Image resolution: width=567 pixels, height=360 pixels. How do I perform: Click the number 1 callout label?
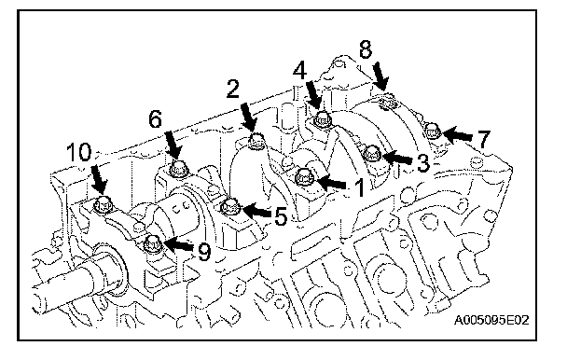[358, 188]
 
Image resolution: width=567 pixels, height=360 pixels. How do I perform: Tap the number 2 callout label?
[233, 89]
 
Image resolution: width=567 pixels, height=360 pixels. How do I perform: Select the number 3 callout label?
[422, 163]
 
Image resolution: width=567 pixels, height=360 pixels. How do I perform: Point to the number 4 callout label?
[299, 70]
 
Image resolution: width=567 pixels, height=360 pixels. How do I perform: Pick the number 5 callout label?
[281, 217]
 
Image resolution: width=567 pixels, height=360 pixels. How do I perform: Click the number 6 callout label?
[156, 119]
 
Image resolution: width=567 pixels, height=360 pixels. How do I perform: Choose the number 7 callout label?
[483, 139]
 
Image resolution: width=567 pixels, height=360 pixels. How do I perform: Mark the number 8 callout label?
[366, 49]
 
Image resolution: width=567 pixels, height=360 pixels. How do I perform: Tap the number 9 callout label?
[204, 252]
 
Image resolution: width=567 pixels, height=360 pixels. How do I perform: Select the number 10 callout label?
[79, 152]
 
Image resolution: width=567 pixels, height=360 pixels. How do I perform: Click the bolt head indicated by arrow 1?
[304, 178]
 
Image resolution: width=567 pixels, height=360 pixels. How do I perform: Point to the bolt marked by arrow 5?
[229, 208]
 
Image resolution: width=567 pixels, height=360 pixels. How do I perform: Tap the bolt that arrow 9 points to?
[152, 243]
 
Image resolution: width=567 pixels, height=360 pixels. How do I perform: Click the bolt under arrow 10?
[103, 205]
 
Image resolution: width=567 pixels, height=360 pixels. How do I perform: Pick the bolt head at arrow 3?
[372, 154]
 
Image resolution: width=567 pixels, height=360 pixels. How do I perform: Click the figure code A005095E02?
[491, 320]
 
